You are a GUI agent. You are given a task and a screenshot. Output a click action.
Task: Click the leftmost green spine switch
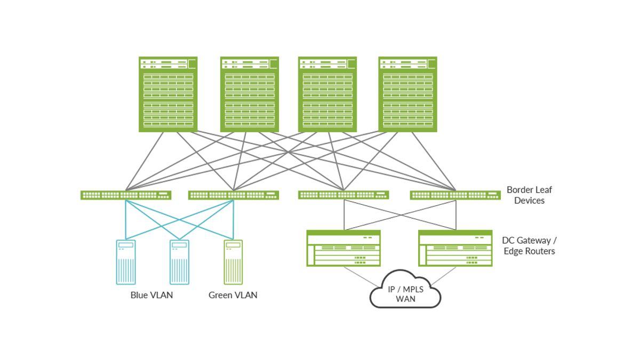[168, 94]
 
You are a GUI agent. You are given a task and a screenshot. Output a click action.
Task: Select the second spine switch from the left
[250, 94]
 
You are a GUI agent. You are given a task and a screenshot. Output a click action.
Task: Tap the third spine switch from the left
[327, 94]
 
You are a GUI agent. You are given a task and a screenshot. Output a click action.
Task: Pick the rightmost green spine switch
[407, 94]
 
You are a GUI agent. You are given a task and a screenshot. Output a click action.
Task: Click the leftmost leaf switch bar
[126, 195]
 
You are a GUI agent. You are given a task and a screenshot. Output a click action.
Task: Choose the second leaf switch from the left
[234, 195]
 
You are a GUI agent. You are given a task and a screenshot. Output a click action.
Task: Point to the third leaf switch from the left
[343, 195]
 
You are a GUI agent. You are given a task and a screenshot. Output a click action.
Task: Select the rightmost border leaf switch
[455, 195]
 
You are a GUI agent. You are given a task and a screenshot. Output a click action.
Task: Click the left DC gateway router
[343, 248]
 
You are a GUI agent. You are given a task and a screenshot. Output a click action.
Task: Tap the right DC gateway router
[455, 248]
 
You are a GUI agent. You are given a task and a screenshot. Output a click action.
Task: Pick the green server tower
[233, 262]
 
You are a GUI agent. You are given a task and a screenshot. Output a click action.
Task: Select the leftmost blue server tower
[126, 262]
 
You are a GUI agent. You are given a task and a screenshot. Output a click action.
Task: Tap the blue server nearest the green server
[179, 262]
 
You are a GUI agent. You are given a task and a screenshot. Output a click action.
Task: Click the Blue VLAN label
[151, 295]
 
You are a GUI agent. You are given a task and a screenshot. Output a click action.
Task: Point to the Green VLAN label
[233, 295]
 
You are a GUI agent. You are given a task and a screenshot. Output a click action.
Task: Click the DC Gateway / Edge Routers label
[529, 246]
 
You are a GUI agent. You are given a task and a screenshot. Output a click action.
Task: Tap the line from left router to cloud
[363, 275]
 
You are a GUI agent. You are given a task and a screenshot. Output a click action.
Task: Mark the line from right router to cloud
[444, 275]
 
